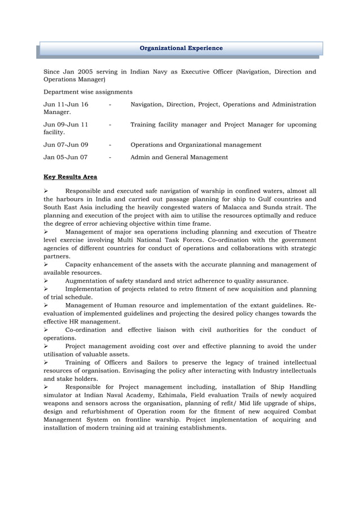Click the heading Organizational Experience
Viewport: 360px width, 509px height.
pos(181,49)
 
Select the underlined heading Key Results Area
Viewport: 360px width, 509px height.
pos(70,177)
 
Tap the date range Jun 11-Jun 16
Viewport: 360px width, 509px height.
pos(65,105)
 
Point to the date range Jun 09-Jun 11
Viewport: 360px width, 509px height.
pos(65,124)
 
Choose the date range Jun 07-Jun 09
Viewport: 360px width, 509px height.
pos(65,145)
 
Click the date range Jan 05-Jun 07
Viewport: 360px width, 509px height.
pos(65,157)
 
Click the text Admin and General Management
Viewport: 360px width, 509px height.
pos(179,157)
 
